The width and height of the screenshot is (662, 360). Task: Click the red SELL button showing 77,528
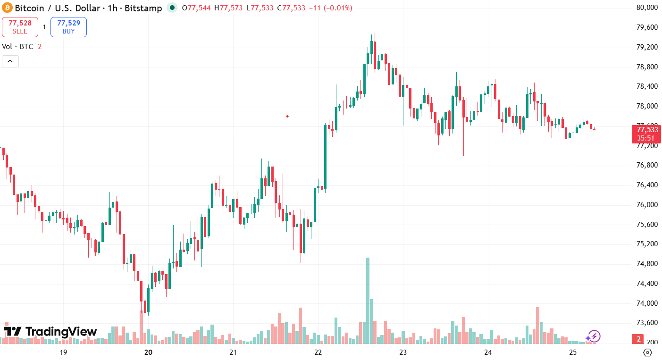point(20,27)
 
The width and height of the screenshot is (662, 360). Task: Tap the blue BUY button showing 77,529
point(68,27)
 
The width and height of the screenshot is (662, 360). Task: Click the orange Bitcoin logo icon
point(7,8)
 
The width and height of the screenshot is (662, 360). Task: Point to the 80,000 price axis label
point(646,8)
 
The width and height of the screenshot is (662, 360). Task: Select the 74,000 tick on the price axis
point(646,303)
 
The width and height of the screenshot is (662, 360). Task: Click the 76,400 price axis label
point(646,185)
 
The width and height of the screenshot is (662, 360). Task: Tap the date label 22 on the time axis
point(318,352)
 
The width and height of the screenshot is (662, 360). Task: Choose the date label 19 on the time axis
point(63,352)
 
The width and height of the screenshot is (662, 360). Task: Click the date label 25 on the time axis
point(573,352)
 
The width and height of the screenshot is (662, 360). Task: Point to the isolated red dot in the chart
point(287,116)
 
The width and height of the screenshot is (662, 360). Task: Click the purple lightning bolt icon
point(593,336)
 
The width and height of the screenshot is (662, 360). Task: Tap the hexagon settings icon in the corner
point(647,352)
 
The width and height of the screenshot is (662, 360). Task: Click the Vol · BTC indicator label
point(17,46)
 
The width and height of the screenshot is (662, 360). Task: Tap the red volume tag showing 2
point(638,339)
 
